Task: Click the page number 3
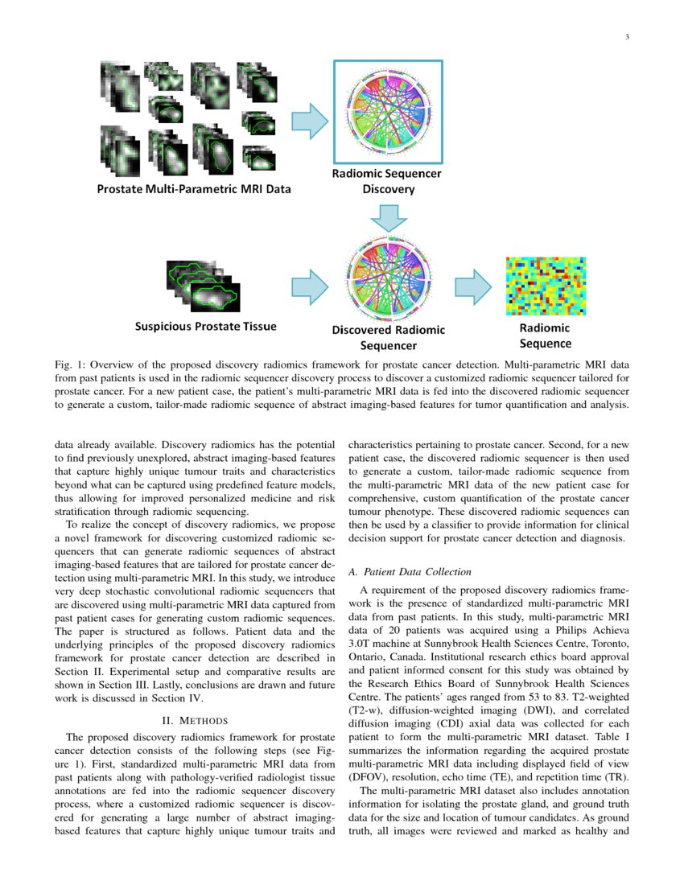coord(626,37)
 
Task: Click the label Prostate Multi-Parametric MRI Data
coord(194,189)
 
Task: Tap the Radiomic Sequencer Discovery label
coord(388,182)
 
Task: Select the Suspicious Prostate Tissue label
coord(206,327)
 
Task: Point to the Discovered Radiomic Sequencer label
coord(388,337)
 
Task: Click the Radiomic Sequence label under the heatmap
coord(545,335)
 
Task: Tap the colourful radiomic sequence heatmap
coord(545,286)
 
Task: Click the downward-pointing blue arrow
coord(389,216)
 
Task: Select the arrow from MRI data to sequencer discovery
coord(308,121)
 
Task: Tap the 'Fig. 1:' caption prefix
coord(69,365)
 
